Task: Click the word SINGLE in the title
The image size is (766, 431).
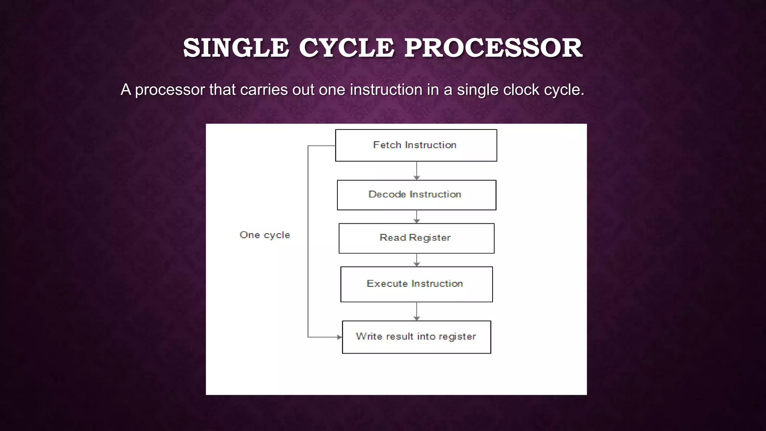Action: click(236, 48)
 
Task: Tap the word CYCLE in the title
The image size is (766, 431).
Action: click(346, 48)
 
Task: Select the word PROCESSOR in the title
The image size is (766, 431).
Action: click(493, 48)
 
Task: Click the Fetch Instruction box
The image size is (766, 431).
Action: click(416, 146)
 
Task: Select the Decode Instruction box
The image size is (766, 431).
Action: click(416, 195)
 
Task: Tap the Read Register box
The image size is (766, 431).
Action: click(416, 238)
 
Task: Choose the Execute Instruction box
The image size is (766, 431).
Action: click(416, 284)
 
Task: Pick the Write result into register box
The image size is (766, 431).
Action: click(416, 337)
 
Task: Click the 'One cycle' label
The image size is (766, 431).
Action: click(265, 235)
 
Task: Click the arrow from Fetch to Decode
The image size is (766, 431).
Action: click(417, 171)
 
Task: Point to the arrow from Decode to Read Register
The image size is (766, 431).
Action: click(417, 217)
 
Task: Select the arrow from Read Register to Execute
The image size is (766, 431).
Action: click(417, 260)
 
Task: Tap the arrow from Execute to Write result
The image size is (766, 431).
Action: click(417, 311)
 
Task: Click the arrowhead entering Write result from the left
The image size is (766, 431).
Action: click(339, 337)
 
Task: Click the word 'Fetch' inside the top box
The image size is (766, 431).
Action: click(387, 145)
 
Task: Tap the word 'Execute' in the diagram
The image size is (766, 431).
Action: click(387, 284)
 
